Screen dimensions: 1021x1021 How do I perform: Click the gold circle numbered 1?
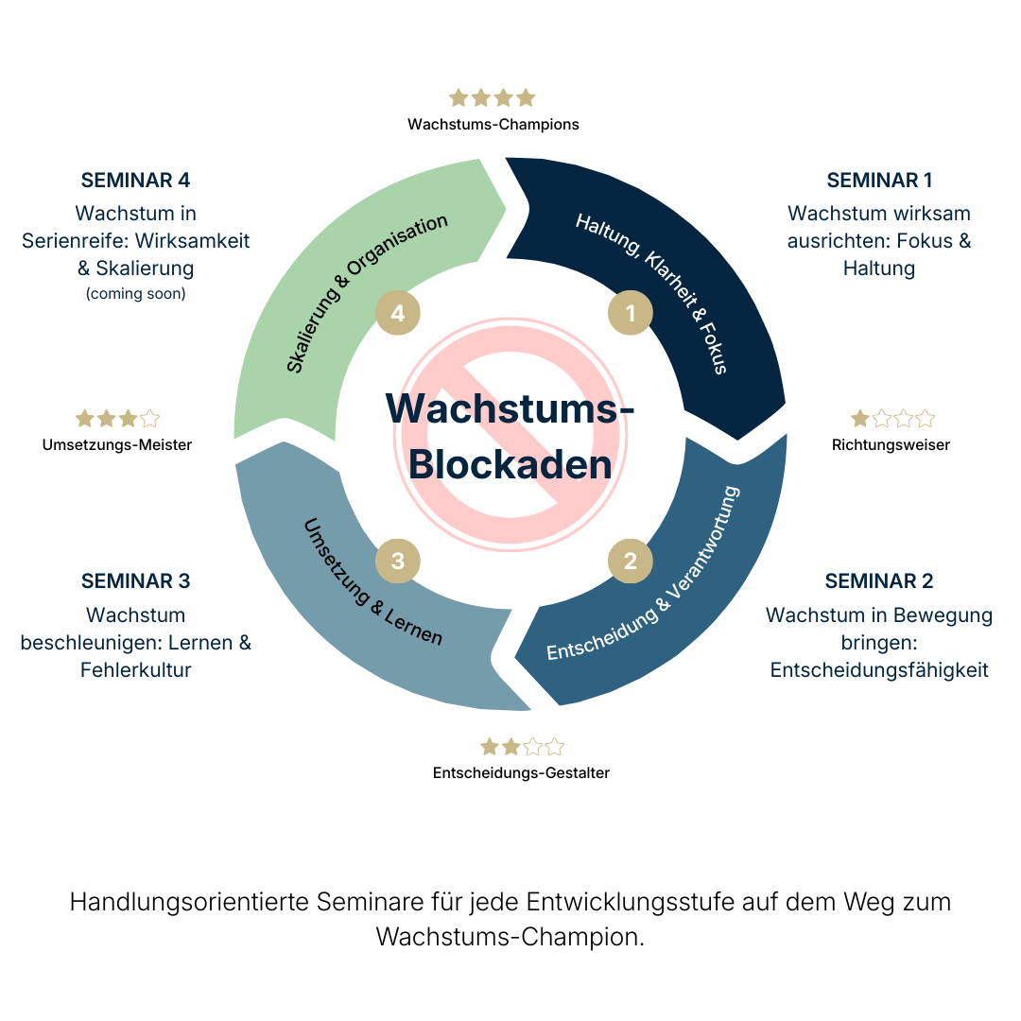630,312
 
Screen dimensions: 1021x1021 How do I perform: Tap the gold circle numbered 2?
630,561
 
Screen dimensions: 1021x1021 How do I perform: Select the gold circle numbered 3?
398,561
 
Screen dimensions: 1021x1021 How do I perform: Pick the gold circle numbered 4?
398,313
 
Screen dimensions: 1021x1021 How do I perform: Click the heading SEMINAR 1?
879,181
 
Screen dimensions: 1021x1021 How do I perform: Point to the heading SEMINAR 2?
879,581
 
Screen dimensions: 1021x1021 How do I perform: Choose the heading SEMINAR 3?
136,581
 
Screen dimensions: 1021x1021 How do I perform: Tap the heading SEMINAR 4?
136,181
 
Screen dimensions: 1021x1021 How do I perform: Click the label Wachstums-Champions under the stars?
493,124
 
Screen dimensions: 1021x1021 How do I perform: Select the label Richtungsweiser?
891,444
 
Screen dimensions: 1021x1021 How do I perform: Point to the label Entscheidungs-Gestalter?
521,773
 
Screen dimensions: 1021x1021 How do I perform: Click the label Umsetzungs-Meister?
117,444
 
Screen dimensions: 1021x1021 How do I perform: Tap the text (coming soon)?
136,294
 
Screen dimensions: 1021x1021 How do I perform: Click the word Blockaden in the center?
510,465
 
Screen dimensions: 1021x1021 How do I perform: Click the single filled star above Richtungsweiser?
860,418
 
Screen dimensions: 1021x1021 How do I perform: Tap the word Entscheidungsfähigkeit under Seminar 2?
879,670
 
